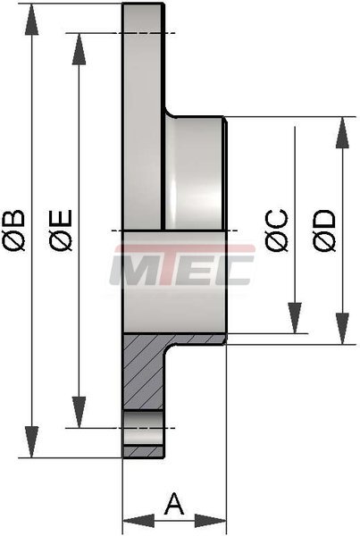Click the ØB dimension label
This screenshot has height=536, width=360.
click(13, 230)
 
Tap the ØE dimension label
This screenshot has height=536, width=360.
click(61, 230)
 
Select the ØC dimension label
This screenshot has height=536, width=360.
click(277, 230)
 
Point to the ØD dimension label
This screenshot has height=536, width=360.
click(323, 230)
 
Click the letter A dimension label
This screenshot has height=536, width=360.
click(174, 504)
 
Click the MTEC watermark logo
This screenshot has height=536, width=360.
click(182, 264)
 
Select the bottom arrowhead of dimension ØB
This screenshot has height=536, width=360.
click(31, 442)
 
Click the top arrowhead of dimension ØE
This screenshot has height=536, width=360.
click(79, 48)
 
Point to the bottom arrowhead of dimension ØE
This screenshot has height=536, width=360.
click(79, 412)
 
